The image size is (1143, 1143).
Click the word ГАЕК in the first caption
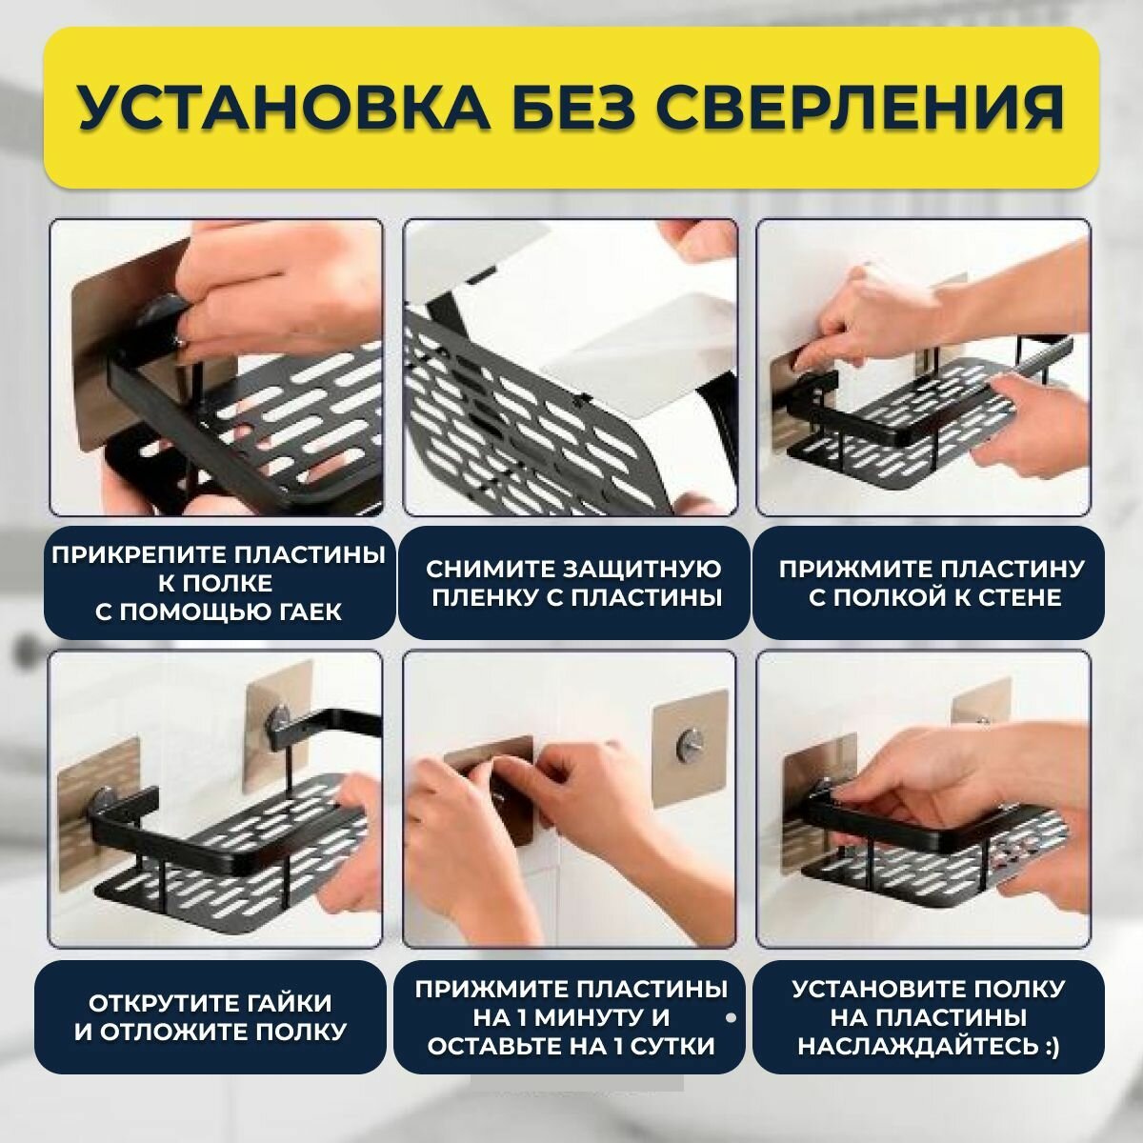click(307, 612)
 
